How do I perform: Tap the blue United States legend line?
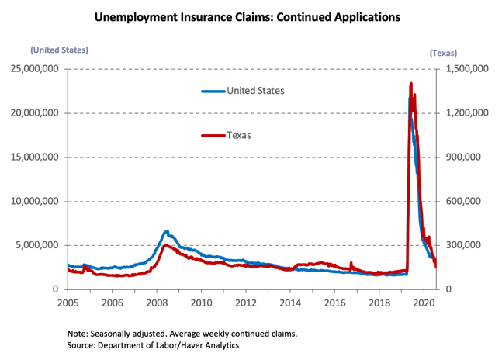(213, 91)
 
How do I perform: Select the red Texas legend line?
(213, 135)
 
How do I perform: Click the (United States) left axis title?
(59, 50)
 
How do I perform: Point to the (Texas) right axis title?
(443, 53)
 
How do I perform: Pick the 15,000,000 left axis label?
(35, 157)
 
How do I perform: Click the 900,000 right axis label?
(461, 157)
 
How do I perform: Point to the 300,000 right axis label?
(461, 245)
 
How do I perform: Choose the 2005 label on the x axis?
(68, 303)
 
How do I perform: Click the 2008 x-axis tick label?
(157, 303)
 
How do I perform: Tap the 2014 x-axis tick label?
(290, 303)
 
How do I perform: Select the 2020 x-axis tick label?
(424, 303)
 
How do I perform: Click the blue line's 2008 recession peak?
(166, 231)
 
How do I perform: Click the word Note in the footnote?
(78, 333)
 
